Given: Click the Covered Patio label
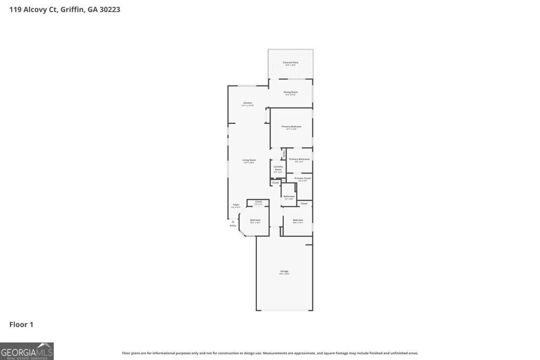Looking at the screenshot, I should click(x=291, y=63).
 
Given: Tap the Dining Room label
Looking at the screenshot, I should click(x=291, y=93).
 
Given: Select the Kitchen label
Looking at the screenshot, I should click(x=248, y=104).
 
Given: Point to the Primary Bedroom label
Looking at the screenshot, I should click(x=291, y=128).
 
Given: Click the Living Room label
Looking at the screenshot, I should click(x=249, y=161).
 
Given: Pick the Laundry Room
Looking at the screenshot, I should click(x=278, y=169).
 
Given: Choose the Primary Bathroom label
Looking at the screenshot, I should click(x=299, y=160).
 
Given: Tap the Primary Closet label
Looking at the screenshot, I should click(x=303, y=179).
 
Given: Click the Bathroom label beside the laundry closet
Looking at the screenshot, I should click(x=289, y=197).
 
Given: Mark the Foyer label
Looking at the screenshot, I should click(x=236, y=205).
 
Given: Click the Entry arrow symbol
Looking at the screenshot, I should click(x=233, y=222).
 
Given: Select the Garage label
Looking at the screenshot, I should click(x=284, y=272).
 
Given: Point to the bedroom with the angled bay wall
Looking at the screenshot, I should click(x=255, y=221).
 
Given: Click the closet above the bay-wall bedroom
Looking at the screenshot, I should click(x=258, y=202).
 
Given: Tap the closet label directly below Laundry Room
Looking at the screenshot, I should click(x=275, y=182).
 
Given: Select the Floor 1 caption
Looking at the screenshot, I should click(x=21, y=325).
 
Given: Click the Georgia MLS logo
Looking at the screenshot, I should click(x=27, y=351).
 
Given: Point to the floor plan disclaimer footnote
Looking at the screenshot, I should click(x=270, y=353).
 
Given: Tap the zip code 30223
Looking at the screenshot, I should click(x=109, y=9).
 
